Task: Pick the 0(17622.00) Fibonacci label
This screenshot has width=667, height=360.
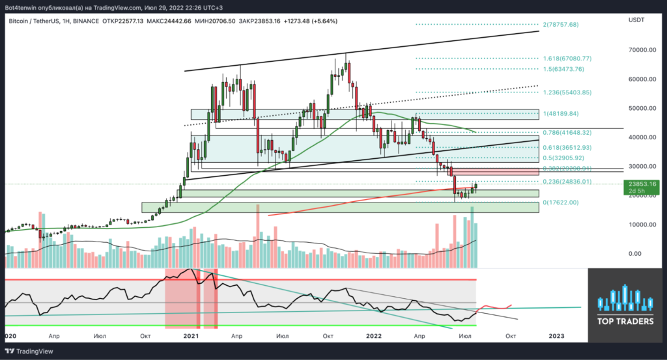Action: pos(560,202)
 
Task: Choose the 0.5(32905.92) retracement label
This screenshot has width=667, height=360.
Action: pos(566,158)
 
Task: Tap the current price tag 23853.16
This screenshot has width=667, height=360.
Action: pos(642,184)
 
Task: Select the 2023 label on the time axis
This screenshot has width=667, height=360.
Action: pos(556,336)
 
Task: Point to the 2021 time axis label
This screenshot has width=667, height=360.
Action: pos(191,336)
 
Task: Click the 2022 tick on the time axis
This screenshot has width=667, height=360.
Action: pos(374,336)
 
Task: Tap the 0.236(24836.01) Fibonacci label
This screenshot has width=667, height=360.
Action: pos(569,182)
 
